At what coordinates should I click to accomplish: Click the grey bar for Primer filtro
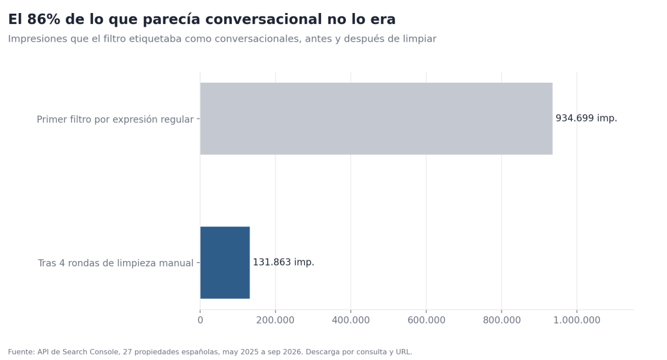[376, 118]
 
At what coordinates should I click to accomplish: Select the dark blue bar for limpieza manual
[225, 262]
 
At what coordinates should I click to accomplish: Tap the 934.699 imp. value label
[586, 118]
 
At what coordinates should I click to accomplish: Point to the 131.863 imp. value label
[283, 262]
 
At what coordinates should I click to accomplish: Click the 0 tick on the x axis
[201, 320]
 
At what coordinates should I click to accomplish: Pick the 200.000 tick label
[276, 320]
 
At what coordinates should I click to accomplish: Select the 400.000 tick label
[350, 320]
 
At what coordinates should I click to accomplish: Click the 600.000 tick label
[426, 320]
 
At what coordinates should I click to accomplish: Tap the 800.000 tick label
[502, 320]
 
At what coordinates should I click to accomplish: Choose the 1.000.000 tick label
[577, 320]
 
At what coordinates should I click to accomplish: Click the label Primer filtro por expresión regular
[115, 119]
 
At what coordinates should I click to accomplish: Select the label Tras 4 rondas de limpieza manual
[116, 263]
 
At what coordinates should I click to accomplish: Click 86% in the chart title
[42, 19]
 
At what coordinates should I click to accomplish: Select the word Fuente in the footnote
[21, 352]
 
